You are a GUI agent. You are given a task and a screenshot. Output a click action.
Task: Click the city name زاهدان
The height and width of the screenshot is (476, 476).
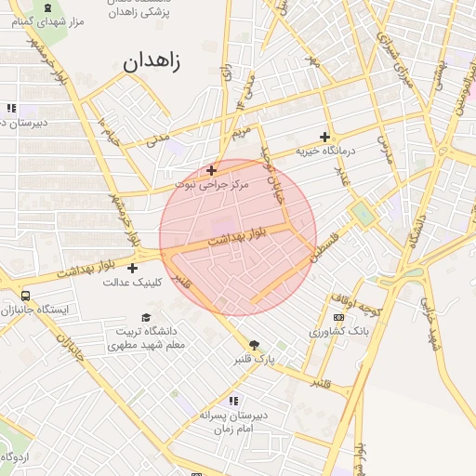pyautogui.click(x=152, y=63)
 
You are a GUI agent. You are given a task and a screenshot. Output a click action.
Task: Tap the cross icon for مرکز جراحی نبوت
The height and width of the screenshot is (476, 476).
pyautogui.click(x=212, y=170)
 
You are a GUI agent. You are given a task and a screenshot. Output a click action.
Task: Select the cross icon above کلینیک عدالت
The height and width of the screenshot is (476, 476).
pyautogui.click(x=133, y=268)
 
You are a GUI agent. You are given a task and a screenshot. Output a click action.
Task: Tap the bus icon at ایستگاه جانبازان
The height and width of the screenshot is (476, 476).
pyautogui.click(x=25, y=297)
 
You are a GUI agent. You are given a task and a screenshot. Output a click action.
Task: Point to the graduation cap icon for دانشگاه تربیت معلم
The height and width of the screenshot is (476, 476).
pyautogui.click(x=144, y=317)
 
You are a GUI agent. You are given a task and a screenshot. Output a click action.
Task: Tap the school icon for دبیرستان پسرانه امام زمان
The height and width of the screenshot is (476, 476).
pyautogui.click(x=233, y=401)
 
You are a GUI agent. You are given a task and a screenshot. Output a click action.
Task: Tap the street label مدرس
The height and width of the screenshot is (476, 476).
pyautogui.click(x=385, y=152)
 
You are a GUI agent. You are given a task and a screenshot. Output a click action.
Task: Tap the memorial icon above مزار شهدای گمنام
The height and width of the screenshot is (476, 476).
pyautogui.click(x=48, y=7)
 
